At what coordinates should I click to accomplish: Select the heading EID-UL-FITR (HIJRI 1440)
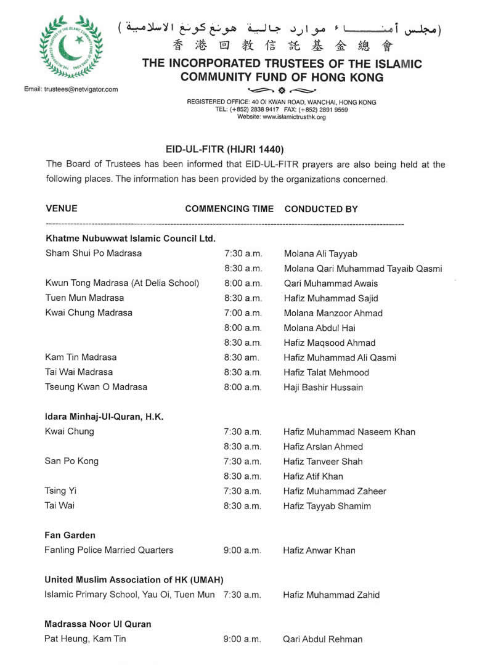pos(224,149)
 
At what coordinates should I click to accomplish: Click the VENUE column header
pos(62,209)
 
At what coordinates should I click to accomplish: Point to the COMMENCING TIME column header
pos(229,209)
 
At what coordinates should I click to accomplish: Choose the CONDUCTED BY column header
pos(321,209)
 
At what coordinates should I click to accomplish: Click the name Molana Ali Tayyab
pos(320,253)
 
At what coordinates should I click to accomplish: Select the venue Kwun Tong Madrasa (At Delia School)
pos(122,283)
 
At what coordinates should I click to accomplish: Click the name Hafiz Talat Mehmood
pos(326,372)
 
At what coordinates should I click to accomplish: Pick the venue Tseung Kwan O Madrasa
pos(96,387)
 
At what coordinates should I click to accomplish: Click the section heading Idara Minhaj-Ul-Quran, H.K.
pos(104,417)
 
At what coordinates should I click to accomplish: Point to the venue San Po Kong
pos(71,461)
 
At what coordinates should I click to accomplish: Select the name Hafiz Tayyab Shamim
pos(327,506)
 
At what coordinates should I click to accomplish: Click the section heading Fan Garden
pos(70,536)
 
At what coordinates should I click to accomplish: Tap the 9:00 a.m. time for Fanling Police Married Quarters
pos(242,550)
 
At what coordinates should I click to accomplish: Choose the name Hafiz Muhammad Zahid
pos(331,595)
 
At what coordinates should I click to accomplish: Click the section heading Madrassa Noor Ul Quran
pos(97,624)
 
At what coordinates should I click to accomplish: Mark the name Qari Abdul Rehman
pos(322,639)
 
